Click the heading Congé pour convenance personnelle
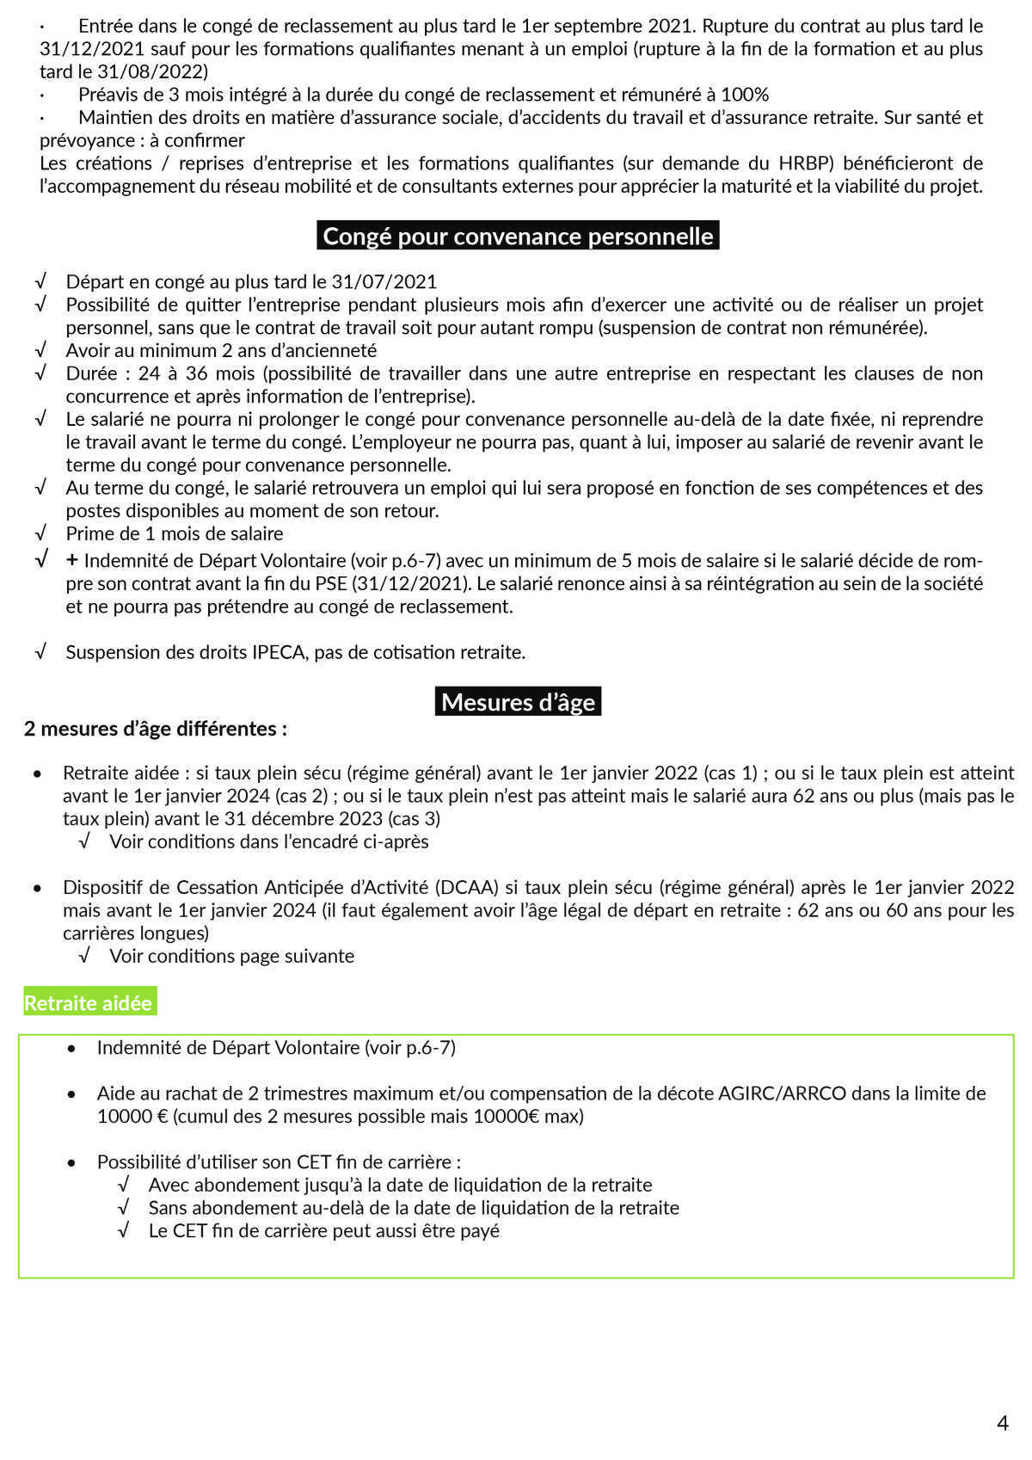[518, 236]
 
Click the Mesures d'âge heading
[518, 702]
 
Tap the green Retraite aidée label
[89, 1003]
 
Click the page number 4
[1002, 1423]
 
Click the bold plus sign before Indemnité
[72, 560]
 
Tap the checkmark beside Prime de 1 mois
[40, 533]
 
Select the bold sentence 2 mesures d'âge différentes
[156, 729]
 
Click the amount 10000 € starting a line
[132, 1117]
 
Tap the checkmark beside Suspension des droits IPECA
[40, 652]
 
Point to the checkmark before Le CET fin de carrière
[123, 1230]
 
